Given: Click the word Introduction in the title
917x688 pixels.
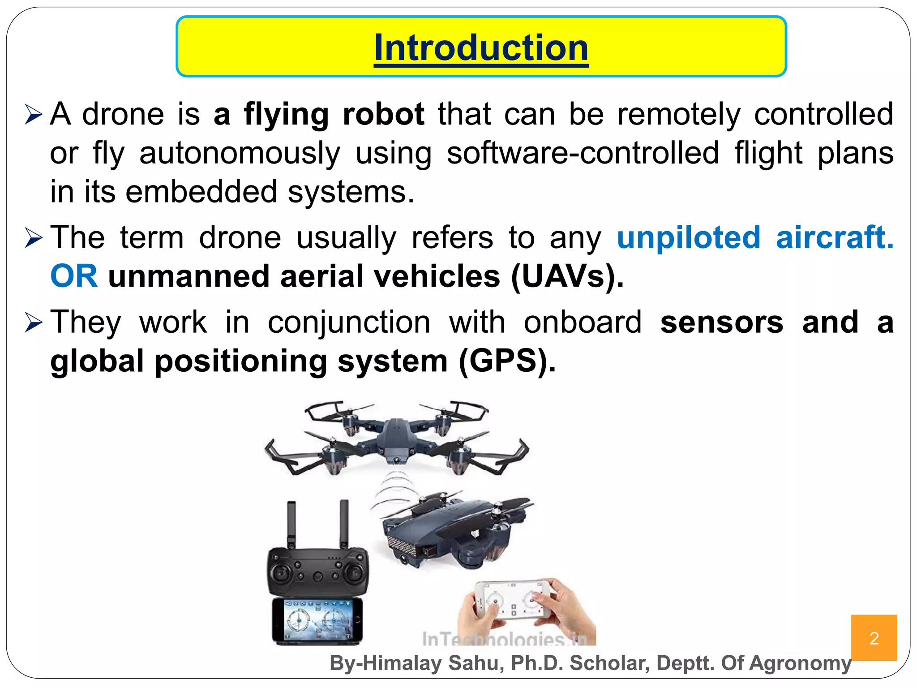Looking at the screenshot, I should (481, 48).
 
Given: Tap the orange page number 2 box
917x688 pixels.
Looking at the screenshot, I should (874, 637).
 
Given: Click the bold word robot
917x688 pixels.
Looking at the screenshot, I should (383, 114).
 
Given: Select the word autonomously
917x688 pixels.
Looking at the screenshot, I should (240, 154).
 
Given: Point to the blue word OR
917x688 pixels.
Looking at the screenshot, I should (74, 276).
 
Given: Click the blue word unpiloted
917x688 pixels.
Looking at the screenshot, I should (689, 237).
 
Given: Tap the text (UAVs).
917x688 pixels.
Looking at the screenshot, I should (567, 276).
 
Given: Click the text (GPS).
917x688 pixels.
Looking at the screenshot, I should (507, 361).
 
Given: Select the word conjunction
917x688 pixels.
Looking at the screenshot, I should (349, 322).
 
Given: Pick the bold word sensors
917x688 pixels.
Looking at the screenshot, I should (721, 322).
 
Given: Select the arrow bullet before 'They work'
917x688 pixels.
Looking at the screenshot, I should (34, 322).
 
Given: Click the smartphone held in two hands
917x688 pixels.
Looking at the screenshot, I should (513, 600).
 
